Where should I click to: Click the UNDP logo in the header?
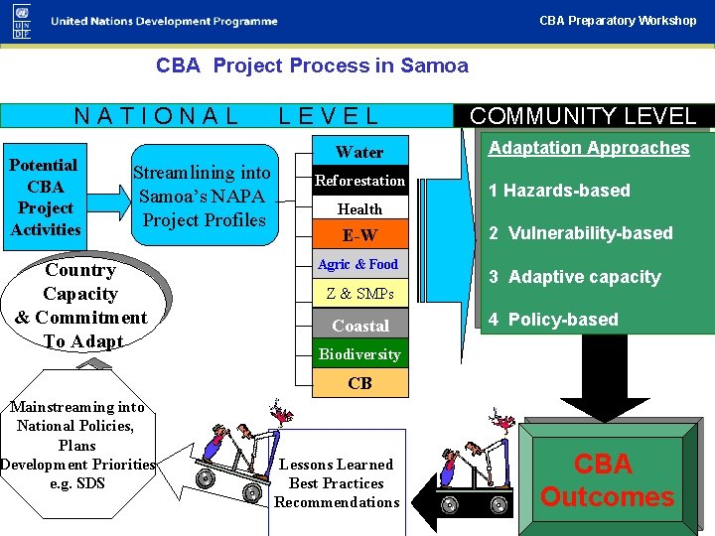coord(22,20)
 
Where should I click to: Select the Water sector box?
coord(359,152)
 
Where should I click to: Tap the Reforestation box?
coord(359,181)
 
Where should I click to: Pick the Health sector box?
coord(359,208)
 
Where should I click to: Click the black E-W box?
coord(359,236)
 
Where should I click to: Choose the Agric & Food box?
coord(357,265)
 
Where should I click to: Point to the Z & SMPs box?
coord(359,294)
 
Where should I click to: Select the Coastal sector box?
coord(359,326)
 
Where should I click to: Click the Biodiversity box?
coord(359,354)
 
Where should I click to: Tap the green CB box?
coord(359,383)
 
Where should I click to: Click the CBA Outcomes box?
coord(607,480)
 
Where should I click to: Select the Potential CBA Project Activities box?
coord(45,197)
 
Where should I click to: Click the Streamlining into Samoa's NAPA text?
coord(203,197)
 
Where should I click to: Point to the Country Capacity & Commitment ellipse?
coord(81,306)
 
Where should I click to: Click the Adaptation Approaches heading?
coord(589,148)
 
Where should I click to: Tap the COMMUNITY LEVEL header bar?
coord(583,115)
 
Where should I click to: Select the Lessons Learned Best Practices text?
coord(337,483)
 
